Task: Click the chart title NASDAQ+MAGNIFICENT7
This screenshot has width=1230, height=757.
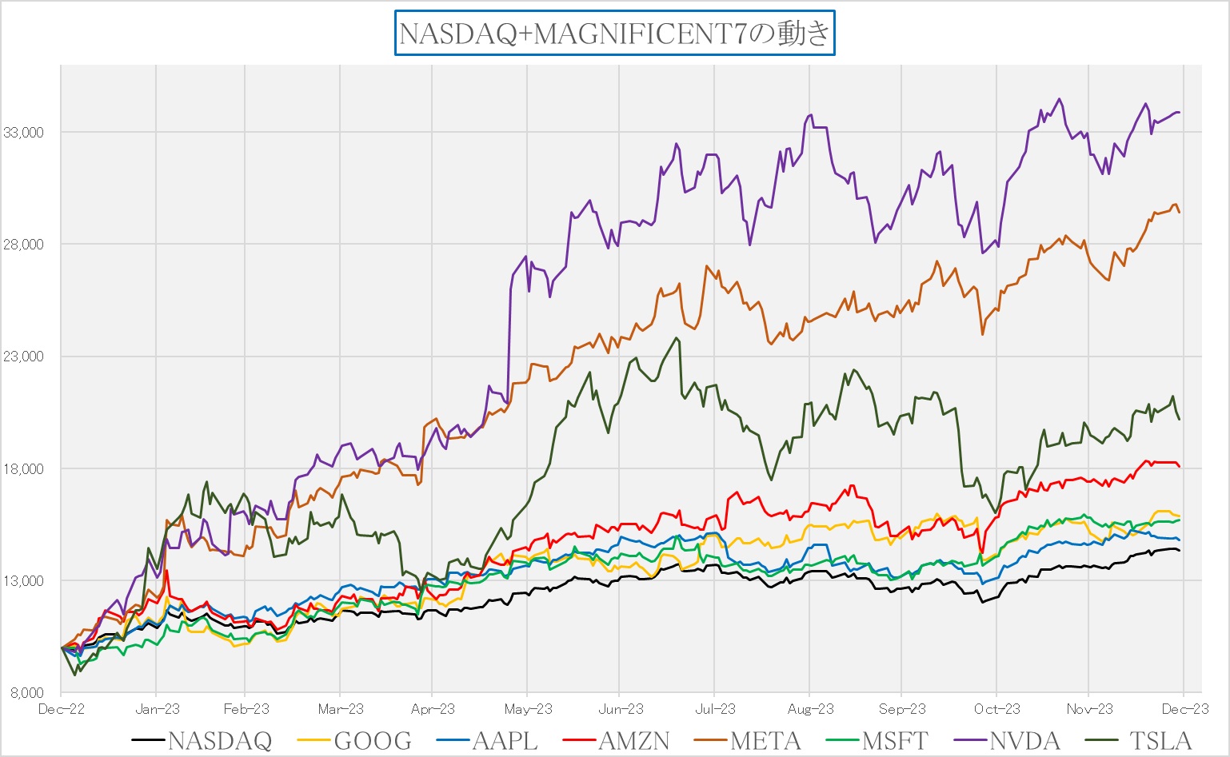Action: tap(614, 34)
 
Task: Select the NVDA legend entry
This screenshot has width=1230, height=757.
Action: tap(1024, 741)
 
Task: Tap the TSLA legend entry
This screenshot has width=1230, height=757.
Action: tap(1160, 741)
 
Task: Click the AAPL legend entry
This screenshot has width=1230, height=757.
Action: tap(505, 741)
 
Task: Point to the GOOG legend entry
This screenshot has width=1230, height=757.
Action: tap(373, 741)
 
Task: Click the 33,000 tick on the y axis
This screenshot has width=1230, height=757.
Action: tap(24, 133)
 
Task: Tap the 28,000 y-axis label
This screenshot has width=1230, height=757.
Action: tap(24, 245)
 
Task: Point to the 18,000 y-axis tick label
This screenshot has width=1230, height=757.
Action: tap(24, 469)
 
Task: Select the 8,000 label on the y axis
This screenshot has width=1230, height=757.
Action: tap(27, 693)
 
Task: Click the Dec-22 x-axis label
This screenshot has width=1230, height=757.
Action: tap(62, 709)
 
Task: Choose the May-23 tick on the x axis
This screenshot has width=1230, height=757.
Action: tap(528, 709)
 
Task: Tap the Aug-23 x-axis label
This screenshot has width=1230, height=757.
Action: tap(810, 709)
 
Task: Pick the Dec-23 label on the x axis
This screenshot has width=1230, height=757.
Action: tap(1185, 709)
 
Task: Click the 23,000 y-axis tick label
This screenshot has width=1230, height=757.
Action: tap(24, 357)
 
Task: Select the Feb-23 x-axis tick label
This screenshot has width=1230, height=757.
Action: tap(246, 709)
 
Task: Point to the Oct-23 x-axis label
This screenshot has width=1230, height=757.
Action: tap(997, 709)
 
